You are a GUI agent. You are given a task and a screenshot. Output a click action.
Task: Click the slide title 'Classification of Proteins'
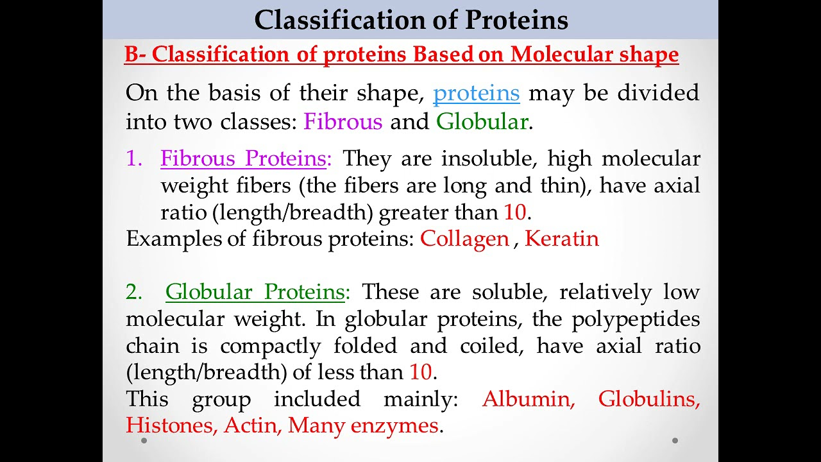coord(410,20)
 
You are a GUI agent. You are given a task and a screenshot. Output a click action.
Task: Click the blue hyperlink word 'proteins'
coord(476,93)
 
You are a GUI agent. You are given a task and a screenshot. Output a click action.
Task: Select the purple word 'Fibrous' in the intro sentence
coord(343,121)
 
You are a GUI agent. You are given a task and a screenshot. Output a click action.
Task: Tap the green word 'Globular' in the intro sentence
coord(482,121)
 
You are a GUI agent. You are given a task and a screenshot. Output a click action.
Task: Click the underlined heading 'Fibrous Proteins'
coord(243,158)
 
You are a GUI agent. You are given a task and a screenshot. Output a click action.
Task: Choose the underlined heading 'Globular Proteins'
coord(255,292)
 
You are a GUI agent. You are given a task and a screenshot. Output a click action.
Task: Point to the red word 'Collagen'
coord(464,239)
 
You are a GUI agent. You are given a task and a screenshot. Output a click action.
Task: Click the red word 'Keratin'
coord(561,239)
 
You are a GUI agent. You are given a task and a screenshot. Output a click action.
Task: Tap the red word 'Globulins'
coord(648,399)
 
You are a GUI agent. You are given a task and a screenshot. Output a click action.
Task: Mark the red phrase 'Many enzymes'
coord(363,425)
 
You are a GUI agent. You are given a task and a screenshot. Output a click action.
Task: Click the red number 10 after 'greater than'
coord(514,212)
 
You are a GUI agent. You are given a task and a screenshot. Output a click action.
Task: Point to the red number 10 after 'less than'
coord(420,372)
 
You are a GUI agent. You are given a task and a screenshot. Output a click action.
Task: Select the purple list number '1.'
coord(134,158)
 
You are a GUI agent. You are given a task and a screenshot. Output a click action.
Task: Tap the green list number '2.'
coord(135,292)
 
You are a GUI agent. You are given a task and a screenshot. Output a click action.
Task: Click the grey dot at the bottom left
coord(144,441)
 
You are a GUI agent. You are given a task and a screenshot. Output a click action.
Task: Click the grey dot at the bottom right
coord(675,441)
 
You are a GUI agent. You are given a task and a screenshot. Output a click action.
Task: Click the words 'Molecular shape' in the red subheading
coord(595,55)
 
